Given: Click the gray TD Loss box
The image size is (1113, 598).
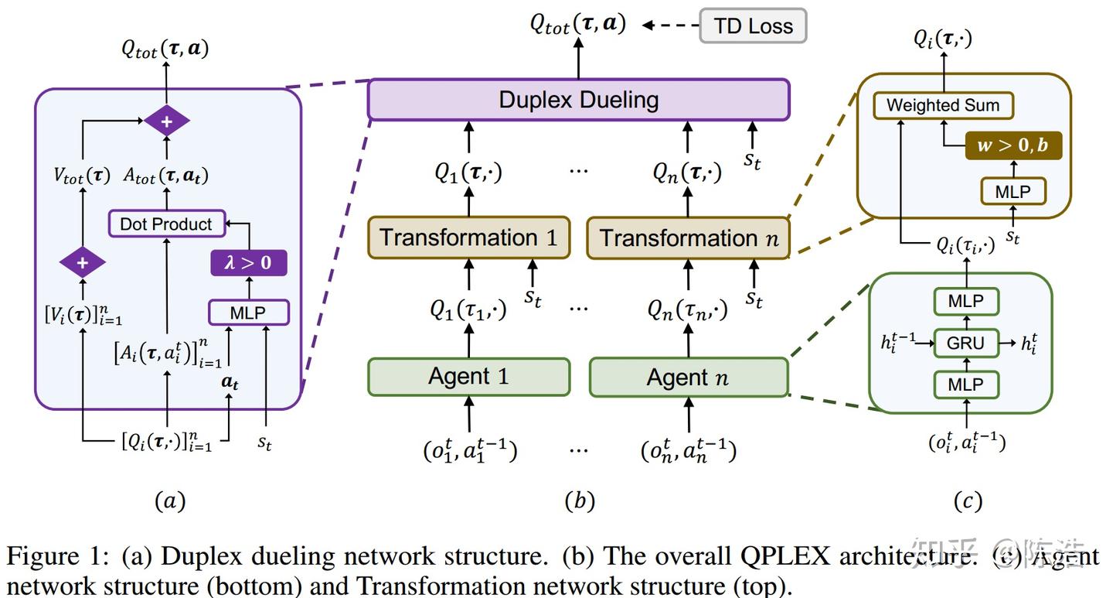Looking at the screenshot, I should click(x=753, y=26).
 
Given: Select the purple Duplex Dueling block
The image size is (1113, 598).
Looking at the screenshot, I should click(x=578, y=100).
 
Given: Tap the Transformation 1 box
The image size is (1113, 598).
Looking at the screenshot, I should click(x=468, y=237).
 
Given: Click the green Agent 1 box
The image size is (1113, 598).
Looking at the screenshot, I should click(x=468, y=377).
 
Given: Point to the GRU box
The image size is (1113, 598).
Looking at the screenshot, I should click(x=965, y=342).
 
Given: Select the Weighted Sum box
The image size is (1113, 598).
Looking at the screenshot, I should click(x=942, y=105).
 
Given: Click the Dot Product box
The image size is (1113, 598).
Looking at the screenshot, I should click(x=166, y=224).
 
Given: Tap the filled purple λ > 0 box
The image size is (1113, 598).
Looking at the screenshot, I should click(x=248, y=263).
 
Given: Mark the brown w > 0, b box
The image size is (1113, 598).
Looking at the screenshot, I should click(x=1013, y=145).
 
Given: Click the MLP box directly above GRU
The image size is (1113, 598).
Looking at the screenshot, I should click(x=965, y=301).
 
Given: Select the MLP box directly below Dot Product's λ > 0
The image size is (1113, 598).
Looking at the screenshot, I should click(x=248, y=313).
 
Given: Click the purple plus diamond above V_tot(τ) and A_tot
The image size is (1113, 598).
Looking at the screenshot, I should click(x=166, y=121).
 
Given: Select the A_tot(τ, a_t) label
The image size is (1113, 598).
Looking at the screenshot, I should click(x=166, y=176).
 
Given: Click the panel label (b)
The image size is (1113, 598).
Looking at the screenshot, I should click(x=579, y=501).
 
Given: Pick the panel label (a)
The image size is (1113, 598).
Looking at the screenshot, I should click(x=170, y=501).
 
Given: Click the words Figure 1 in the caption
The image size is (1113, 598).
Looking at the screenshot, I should click(x=56, y=556).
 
